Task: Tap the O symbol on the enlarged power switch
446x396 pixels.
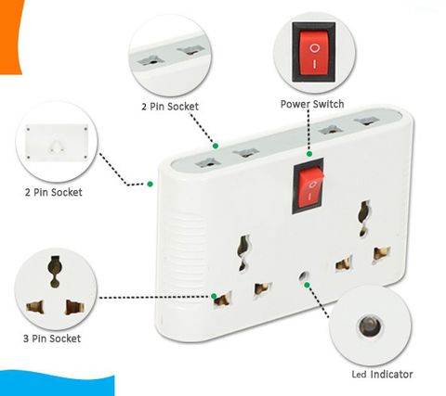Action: pyautogui.click(x=314, y=48)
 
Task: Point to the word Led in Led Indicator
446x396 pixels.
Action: pyautogui.click(x=360, y=375)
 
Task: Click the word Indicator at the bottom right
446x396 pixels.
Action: pyautogui.click(x=391, y=375)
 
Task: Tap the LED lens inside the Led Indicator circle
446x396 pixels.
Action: pyautogui.click(x=370, y=327)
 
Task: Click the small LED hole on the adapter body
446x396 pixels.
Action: pyautogui.click(x=304, y=275)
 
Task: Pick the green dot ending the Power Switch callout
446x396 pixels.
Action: pyautogui.click(x=309, y=154)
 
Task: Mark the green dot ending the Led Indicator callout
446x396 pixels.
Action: pyautogui.click(x=307, y=285)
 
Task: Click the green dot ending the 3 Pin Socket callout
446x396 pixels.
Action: pyautogui.click(x=214, y=296)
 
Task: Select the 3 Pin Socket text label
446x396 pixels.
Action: pyautogui.click(x=52, y=339)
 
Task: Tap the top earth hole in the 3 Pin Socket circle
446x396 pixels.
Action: pyautogui.click(x=55, y=271)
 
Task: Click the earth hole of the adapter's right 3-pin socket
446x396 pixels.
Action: pyautogui.click(x=364, y=218)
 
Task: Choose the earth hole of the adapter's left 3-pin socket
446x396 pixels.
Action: pyautogui.click(x=243, y=253)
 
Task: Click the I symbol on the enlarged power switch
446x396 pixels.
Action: pyautogui.click(x=314, y=64)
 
